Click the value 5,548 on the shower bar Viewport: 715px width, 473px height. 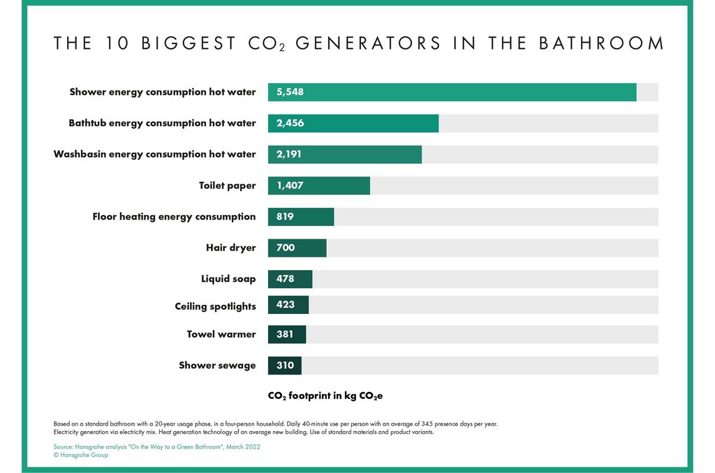tap(290, 92)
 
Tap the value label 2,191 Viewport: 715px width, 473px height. tap(290, 154)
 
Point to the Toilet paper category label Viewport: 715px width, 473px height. tap(227, 186)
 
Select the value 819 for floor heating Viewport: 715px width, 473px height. tap(285, 216)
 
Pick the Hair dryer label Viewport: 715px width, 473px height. tap(230, 248)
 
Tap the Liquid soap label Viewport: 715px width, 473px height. tap(228, 279)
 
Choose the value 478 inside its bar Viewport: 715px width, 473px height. tap(285, 279)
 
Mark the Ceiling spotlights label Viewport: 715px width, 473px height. tap(215, 306)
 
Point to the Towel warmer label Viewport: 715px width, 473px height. tap(221, 334)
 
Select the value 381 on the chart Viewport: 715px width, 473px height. tap(285, 334)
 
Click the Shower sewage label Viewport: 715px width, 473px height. tap(217, 366)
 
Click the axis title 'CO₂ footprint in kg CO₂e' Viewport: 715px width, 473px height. tap(325, 396)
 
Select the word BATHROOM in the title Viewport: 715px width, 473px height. tap(601, 43)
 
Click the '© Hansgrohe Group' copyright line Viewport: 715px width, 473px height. tap(81, 456)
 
